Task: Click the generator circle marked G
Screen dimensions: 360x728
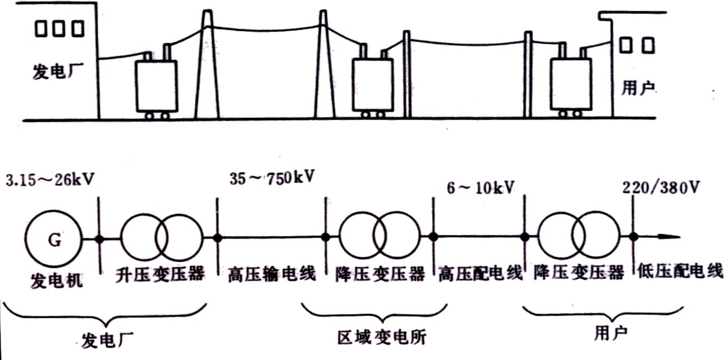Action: [54, 240]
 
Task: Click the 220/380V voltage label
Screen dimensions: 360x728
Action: [663, 188]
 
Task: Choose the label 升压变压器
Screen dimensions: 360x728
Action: [160, 275]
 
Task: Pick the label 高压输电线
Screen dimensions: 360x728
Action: [272, 275]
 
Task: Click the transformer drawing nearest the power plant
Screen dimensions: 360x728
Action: [156, 85]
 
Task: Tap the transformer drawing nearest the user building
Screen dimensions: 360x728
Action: [570, 84]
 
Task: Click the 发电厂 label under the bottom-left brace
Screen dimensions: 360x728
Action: [108, 340]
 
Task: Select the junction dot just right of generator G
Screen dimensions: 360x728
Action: [99, 239]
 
